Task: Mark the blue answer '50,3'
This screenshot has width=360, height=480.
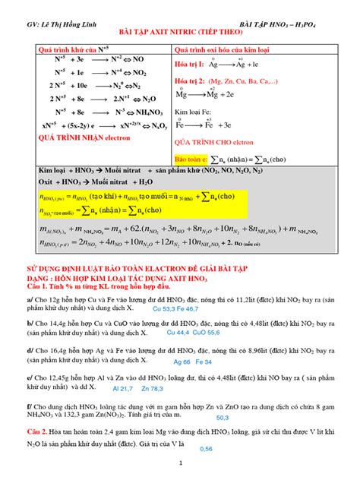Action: click(223, 418)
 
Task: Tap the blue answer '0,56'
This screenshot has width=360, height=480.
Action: click(206, 448)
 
